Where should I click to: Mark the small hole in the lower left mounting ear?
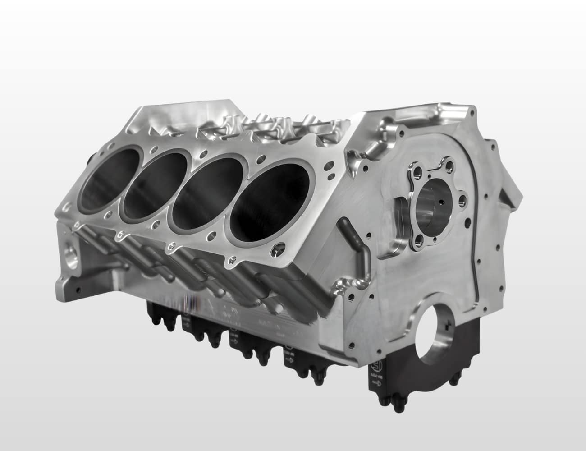79,289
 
